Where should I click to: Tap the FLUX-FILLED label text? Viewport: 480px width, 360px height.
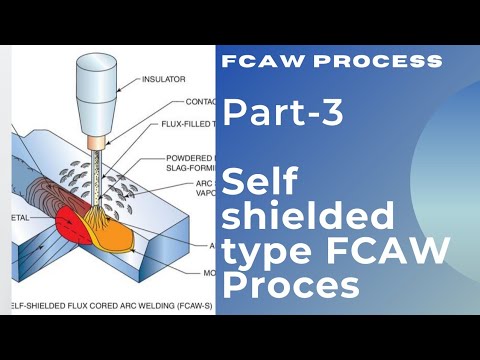tap(190, 125)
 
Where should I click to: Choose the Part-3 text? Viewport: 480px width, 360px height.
tap(284, 113)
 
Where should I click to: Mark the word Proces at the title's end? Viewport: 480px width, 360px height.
tap(291, 289)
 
